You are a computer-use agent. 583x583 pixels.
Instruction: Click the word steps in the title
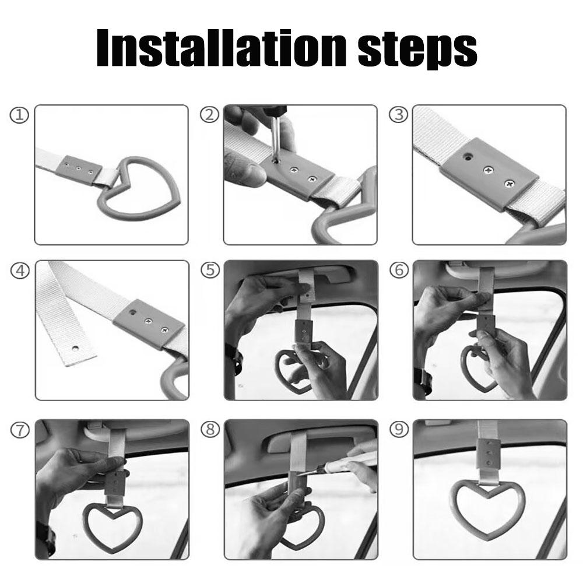coord(417,51)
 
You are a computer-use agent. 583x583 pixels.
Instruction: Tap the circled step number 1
coord(19,115)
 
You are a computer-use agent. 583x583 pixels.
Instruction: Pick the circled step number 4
coord(20,271)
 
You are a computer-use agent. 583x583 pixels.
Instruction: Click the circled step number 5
coord(210,270)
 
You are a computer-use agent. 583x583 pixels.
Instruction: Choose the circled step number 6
coord(399,270)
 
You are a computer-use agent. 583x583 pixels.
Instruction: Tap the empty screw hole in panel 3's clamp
coord(466,156)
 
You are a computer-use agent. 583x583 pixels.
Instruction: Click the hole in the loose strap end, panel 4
coord(75,349)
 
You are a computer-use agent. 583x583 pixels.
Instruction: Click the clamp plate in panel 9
coord(487,453)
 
